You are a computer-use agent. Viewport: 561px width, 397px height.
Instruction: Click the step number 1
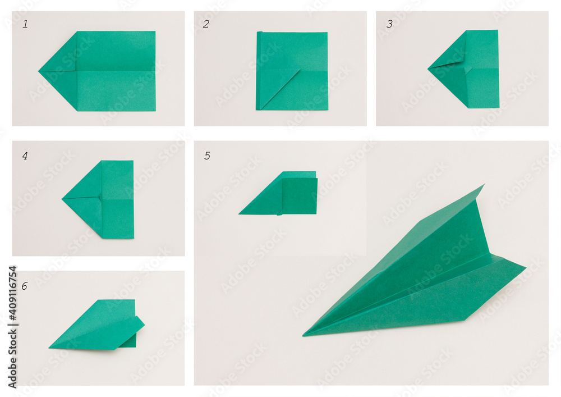(25, 24)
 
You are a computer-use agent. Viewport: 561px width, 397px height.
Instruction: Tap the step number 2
(206, 24)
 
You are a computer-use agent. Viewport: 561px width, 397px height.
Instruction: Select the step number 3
(389, 24)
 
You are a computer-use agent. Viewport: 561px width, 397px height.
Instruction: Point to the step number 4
(25, 156)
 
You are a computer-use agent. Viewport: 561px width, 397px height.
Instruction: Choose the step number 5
(207, 156)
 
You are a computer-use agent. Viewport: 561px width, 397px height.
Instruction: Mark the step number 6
(24, 286)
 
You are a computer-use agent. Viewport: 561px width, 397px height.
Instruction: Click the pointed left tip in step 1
(39, 71)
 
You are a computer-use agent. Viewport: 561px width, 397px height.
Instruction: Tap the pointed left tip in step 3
(428, 69)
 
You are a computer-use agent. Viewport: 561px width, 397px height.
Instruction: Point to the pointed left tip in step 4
(62, 198)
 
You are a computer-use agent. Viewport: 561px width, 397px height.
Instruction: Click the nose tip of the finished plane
(303, 335)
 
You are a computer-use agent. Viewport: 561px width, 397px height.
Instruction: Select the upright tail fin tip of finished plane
(485, 185)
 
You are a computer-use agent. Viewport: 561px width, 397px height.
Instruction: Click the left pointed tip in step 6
(49, 347)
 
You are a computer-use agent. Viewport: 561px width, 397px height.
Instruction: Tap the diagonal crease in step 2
(279, 89)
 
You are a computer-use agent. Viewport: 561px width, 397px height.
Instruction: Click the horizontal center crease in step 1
(115, 71)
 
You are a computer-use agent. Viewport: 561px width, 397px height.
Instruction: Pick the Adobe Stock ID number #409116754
(12, 293)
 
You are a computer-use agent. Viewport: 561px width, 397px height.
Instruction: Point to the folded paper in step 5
(278, 193)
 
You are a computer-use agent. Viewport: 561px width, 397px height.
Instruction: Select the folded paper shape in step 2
(292, 71)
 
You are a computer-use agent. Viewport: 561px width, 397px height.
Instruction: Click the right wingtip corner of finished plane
(525, 267)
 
